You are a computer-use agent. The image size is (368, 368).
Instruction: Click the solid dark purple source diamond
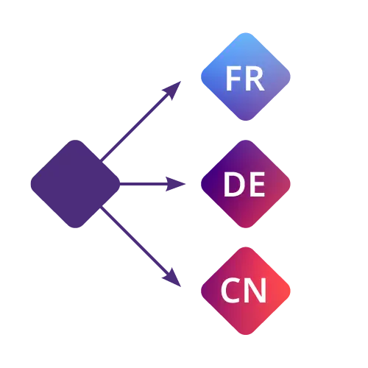(x=75, y=184)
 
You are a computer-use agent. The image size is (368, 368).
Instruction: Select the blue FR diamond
(x=246, y=77)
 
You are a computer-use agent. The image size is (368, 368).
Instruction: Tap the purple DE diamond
(x=246, y=184)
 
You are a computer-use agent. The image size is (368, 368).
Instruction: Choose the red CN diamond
(x=246, y=291)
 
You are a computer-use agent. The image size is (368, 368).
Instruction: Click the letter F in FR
(x=232, y=79)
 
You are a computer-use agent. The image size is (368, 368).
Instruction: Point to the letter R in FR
(x=255, y=79)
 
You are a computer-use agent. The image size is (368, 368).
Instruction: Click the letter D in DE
(x=233, y=184)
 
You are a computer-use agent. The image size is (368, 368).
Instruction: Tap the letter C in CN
(x=230, y=290)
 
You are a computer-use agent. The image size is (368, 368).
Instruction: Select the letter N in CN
(x=256, y=291)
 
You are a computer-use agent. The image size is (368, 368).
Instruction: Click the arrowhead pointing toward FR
(x=173, y=89)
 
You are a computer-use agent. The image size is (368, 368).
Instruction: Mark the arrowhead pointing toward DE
(x=175, y=184)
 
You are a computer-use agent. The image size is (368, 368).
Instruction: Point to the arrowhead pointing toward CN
(x=173, y=279)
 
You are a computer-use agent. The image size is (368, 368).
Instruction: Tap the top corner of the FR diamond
(x=246, y=32)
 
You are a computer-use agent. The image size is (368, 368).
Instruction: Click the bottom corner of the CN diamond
(x=246, y=335)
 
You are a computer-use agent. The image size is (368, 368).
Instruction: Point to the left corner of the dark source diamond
(x=31, y=184)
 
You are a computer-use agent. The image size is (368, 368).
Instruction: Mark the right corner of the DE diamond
(x=291, y=184)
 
